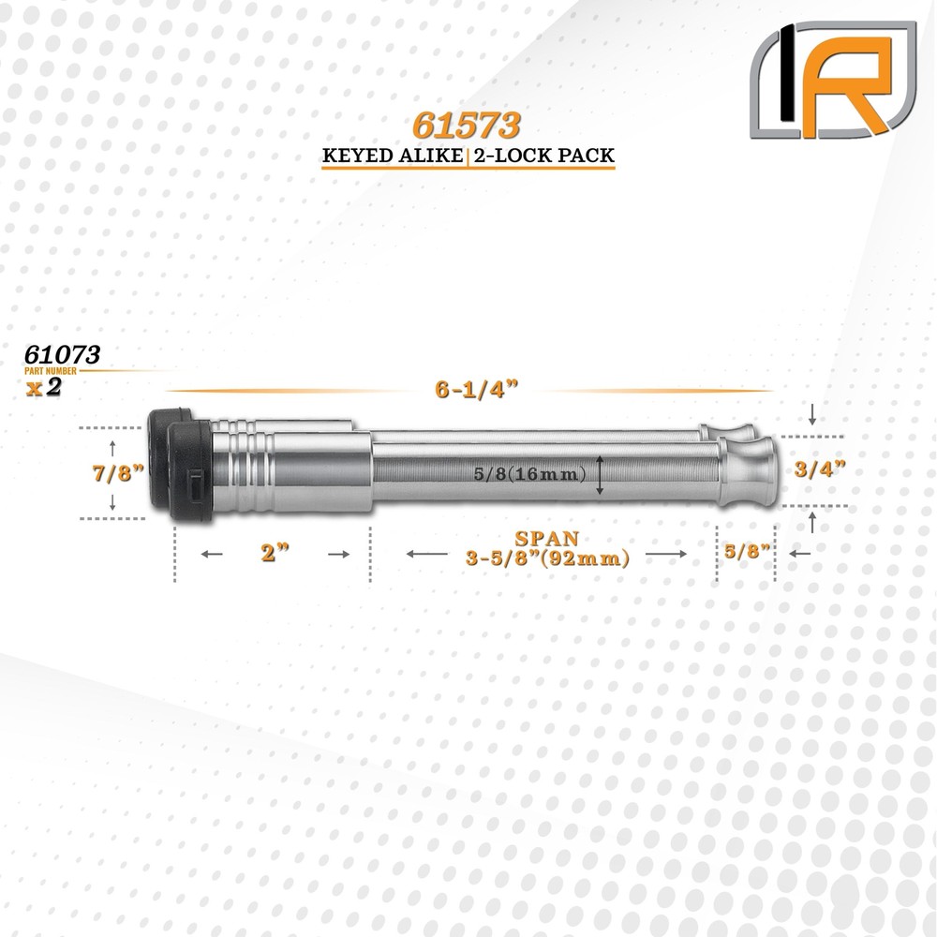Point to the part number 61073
pos(64,355)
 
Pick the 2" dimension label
pos(273,555)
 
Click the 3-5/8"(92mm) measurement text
pos(546,558)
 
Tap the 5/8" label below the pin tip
pos(747,554)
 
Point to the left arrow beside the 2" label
pos(212,555)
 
